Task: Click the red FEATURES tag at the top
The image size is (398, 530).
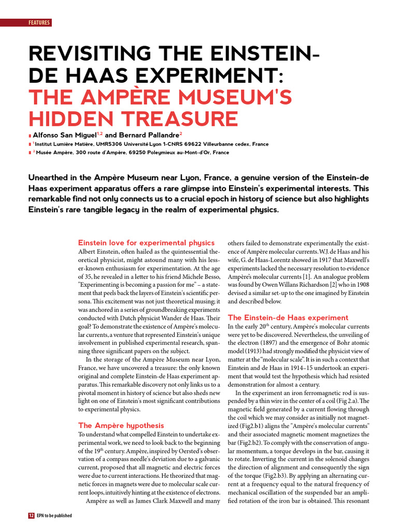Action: click(39, 22)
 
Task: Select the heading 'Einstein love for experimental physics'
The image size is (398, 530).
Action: click(146, 243)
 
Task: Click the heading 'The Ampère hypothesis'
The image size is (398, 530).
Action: click(121, 425)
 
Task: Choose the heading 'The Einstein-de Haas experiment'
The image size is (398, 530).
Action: click(288, 317)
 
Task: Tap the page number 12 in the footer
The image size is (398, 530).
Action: click(31, 516)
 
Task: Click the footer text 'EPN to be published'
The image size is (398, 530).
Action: click(54, 516)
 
